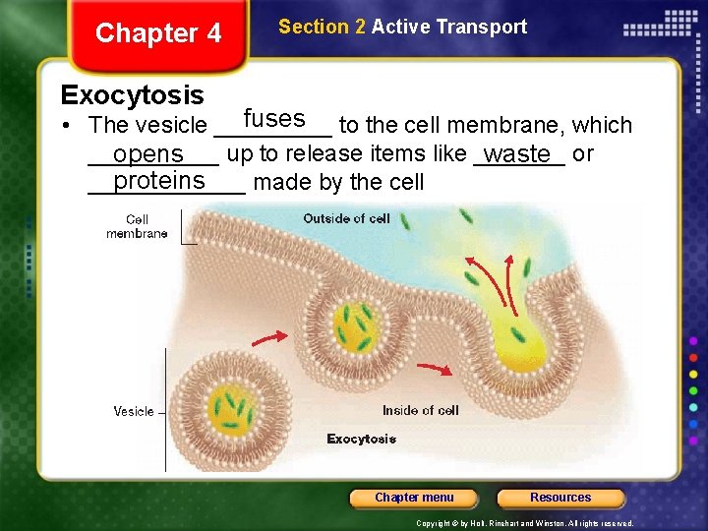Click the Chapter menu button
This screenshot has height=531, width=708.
click(414, 498)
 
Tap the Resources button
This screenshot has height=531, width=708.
click(560, 498)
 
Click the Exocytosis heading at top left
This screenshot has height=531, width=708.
click(132, 95)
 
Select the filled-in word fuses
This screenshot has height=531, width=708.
click(274, 119)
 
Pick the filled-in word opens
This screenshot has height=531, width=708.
click(148, 155)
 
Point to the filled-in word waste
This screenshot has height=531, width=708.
click(517, 154)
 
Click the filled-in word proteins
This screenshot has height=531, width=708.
click(159, 181)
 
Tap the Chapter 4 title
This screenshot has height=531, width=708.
click(158, 33)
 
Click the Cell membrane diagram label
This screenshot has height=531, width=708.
click(137, 226)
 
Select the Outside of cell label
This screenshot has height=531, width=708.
click(346, 218)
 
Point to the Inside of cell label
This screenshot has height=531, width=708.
click(420, 410)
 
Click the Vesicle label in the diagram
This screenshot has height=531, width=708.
click(134, 411)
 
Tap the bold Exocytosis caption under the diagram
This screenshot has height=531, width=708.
click(361, 439)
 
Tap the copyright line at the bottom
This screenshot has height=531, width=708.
click(524, 523)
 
